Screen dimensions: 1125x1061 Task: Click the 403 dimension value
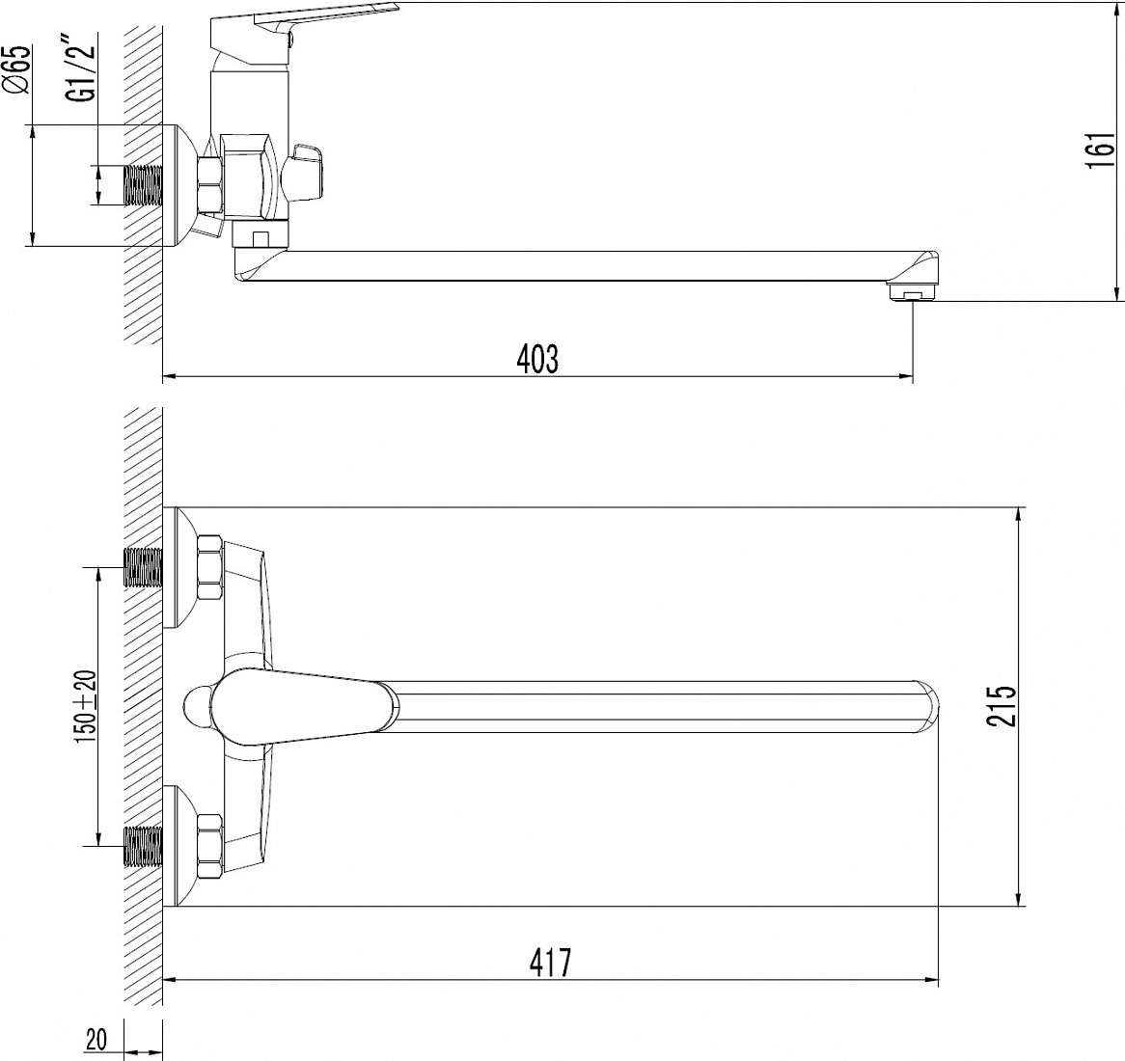[x=537, y=359]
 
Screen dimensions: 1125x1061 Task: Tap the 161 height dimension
[x=1102, y=150]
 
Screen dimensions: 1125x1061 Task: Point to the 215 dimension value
[x=1002, y=706]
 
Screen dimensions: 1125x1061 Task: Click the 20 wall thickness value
[x=96, y=1040]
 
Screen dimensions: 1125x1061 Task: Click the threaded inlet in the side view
[x=144, y=186]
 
